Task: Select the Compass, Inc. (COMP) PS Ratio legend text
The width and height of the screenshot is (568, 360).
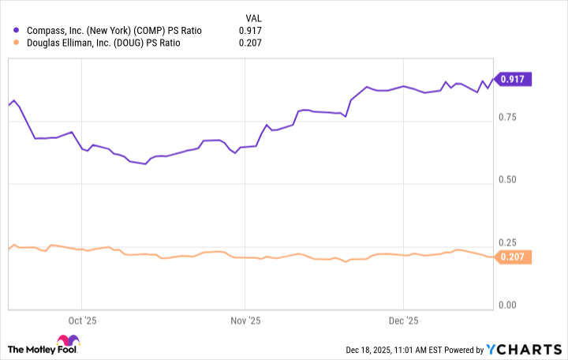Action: (x=114, y=31)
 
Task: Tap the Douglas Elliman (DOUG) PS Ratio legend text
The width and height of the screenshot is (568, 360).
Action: (x=103, y=43)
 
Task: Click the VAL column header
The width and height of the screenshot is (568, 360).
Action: (x=249, y=17)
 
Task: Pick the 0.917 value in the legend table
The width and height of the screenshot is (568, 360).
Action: (x=249, y=31)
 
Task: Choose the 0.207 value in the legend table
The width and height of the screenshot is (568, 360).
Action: (x=249, y=43)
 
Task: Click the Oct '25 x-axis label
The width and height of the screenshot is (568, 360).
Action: (x=82, y=321)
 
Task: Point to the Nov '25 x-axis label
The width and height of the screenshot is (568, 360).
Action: (x=245, y=321)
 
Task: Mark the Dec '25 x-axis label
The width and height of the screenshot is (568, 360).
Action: (x=403, y=321)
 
